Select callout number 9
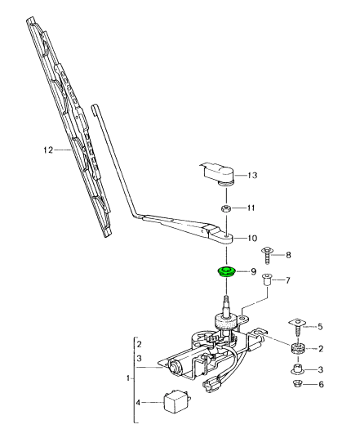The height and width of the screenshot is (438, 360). tap(253, 271)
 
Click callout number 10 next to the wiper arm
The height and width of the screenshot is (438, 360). tap(252, 239)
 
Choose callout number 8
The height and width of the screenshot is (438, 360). tap(287, 255)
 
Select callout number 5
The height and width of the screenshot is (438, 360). tap(320, 325)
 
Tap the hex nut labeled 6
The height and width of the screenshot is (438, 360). tap(298, 384)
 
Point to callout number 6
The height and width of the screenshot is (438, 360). tap(320, 384)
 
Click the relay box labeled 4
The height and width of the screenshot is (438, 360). tap(176, 401)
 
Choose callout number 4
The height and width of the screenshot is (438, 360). tap(139, 401)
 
